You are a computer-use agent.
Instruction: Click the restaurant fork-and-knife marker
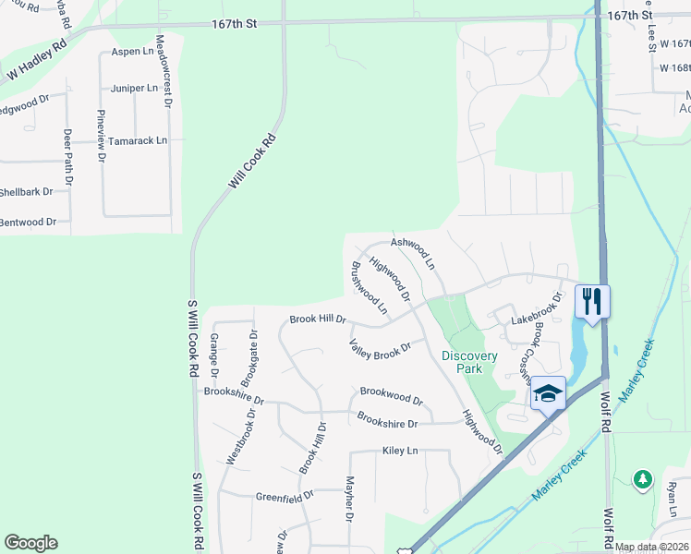point(591,301)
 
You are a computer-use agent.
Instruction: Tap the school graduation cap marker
point(548,393)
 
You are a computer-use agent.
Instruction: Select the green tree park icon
point(642,478)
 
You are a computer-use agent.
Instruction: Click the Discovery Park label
point(469,362)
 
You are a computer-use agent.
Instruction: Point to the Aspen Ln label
point(132,52)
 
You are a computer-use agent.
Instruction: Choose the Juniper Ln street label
point(133,89)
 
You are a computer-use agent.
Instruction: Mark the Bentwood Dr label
point(29,223)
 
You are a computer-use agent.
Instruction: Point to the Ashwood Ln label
point(413,251)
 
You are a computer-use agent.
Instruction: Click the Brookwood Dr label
point(392,396)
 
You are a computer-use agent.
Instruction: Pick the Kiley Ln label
point(400,451)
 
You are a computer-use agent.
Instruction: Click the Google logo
point(30,543)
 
